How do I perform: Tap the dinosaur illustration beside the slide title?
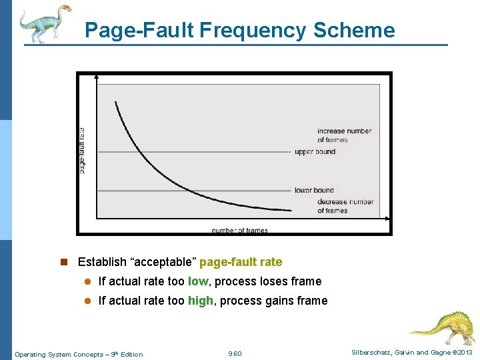click(45, 23)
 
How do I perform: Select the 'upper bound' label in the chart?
click(315, 152)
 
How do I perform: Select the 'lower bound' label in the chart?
click(314, 191)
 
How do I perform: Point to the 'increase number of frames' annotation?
click(344, 135)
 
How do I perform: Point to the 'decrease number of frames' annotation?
click(345, 206)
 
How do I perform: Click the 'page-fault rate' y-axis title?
click(82, 151)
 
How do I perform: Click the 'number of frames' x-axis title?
click(240, 231)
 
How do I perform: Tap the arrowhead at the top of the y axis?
click(97, 78)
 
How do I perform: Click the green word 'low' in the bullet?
click(198, 281)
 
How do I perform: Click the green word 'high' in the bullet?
click(201, 301)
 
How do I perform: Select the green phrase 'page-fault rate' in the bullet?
click(241, 262)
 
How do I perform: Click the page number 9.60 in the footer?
click(235, 354)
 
